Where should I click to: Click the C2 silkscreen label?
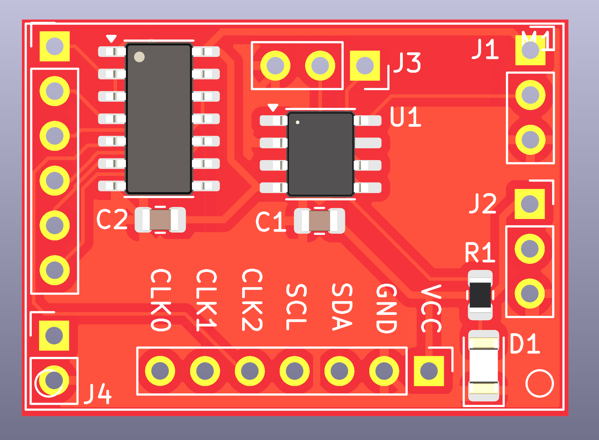click(112, 219)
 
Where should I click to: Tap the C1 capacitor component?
click(319, 221)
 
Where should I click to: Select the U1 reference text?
click(405, 117)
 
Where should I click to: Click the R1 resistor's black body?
click(480, 295)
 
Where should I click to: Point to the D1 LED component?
click(483, 366)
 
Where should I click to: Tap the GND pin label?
click(386, 308)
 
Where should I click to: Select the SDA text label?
click(342, 307)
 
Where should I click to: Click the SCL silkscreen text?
click(296, 307)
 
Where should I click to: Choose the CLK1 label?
click(206, 300)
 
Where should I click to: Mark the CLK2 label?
click(252, 300)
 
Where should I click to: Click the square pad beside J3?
click(365, 66)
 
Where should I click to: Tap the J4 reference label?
click(98, 394)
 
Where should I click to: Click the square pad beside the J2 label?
click(529, 204)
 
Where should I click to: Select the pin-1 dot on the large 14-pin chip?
click(139, 57)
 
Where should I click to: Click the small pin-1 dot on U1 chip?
click(298, 122)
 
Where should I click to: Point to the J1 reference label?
click(485, 49)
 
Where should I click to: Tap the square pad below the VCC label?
click(429, 371)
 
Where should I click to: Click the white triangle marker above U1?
click(273, 107)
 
